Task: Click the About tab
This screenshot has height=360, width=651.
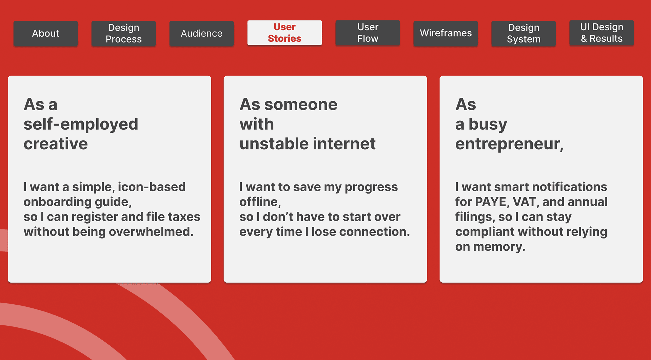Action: click(46, 33)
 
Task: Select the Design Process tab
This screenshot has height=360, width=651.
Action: click(124, 33)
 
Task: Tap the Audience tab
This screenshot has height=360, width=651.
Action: click(202, 33)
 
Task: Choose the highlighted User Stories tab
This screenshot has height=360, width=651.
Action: click(285, 33)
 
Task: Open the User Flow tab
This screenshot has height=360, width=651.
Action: click(368, 33)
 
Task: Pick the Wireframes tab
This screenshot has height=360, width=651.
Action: click(446, 33)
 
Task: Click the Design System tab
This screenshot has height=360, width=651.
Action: click(524, 33)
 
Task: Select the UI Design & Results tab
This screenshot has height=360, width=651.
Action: click(602, 33)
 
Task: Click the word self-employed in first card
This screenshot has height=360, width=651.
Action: click(81, 125)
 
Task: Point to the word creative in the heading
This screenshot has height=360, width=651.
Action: click(56, 144)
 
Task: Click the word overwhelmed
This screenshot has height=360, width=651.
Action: click(151, 232)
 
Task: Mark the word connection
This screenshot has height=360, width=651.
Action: click(374, 232)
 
